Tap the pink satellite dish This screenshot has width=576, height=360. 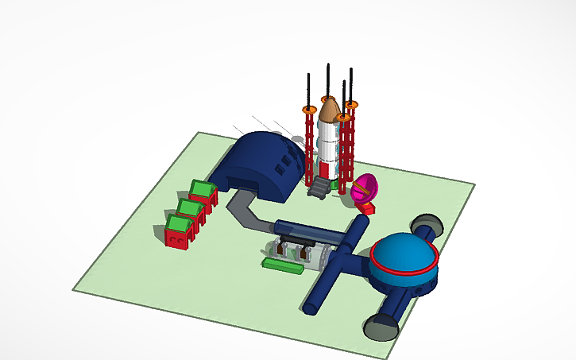(x=364, y=189)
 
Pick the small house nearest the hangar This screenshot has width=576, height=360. (x=203, y=192)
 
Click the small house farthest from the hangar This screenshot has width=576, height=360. (x=178, y=230)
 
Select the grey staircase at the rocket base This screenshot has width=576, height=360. (x=319, y=187)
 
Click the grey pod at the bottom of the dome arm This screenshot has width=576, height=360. (x=381, y=326)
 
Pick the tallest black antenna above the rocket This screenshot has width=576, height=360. (x=328, y=79)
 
